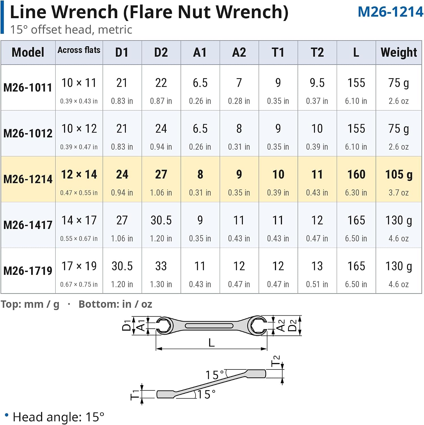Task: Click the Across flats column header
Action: click(x=79, y=50)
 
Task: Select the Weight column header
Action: click(x=399, y=52)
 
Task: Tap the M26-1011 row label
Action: click(x=28, y=88)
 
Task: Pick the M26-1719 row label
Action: click(x=28, y=271)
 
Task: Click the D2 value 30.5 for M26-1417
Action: click(x=161, y=220)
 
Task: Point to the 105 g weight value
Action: click(x=399, y=175)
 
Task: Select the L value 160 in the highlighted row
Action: click(x=356, y=175)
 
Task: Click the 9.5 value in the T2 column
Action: click(x=317, y=83)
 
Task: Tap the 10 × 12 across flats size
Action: click(x=79, y=129)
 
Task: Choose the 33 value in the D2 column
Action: click(x=161, y=266)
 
